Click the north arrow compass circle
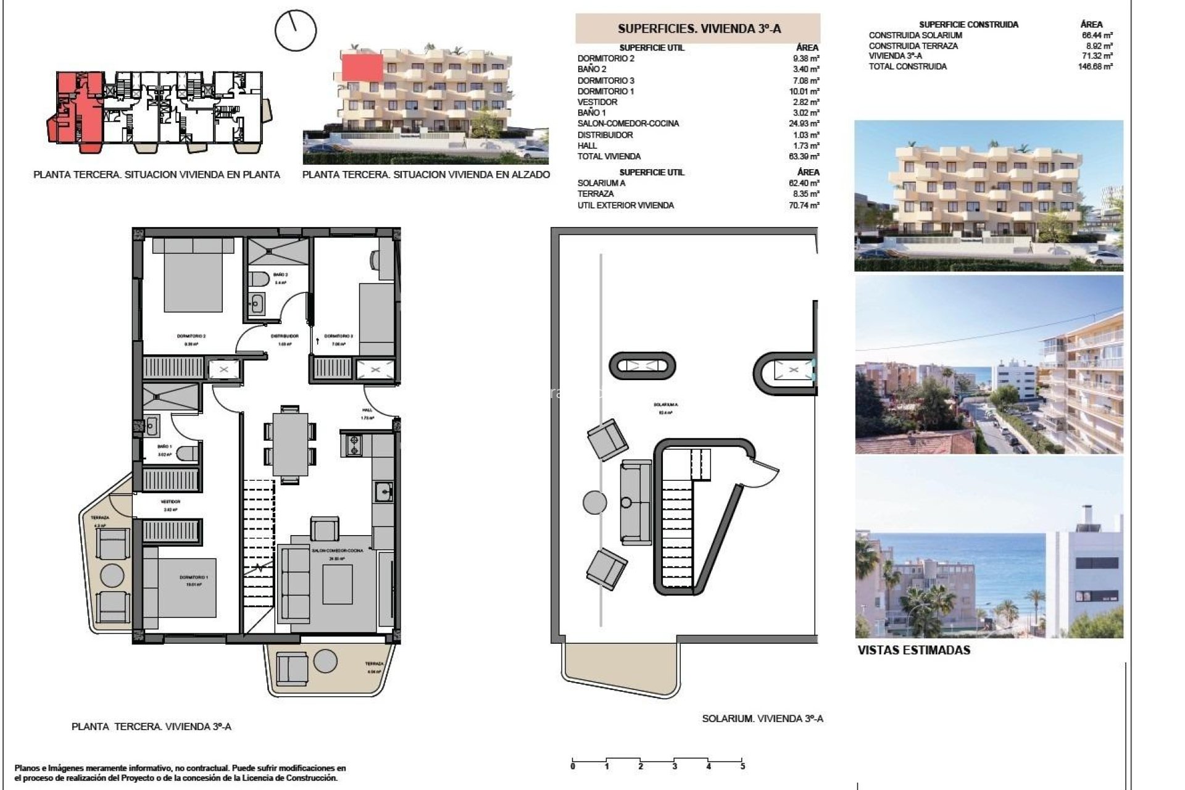coord(296,30)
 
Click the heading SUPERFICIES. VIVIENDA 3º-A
coord(699,29)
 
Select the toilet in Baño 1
coord(188,454)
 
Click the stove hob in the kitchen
coord(354,445)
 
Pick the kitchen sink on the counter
coord(384,493)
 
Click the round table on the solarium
coord(596,501)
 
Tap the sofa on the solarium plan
coord(636,502)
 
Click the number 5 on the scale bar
coord(742,767)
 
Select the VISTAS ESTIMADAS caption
coord(913,650)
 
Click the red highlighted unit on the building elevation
coord(362,67)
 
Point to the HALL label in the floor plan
coord(367,410)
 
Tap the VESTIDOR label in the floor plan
coord(170,502)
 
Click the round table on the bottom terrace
coord(325,661)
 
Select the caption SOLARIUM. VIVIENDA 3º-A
coord(762,718)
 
